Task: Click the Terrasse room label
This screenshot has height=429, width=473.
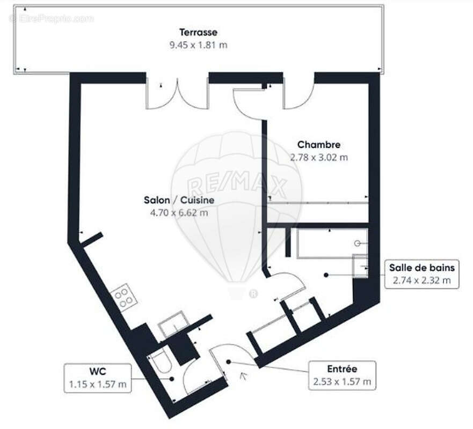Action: click(x=198, y=33)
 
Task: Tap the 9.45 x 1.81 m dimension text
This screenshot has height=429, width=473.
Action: click(x=198, y=45)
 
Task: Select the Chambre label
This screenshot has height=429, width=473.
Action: click(x=319, y=145)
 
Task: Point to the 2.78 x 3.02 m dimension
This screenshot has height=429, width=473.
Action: click(x=319, y=158)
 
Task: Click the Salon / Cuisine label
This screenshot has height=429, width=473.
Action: click(x=179, y=200)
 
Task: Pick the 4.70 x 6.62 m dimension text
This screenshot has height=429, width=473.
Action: click(x=179, y=212)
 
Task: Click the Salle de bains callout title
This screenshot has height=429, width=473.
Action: click(x=422, y=267)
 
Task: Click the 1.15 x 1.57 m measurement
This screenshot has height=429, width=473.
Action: click(x=98, y=384)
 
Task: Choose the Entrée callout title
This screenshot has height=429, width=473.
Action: click(x=342, y=368)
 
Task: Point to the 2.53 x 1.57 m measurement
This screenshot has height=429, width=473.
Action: click(x=342, y=382)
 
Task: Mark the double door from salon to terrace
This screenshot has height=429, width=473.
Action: click(x=177, y=94)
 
